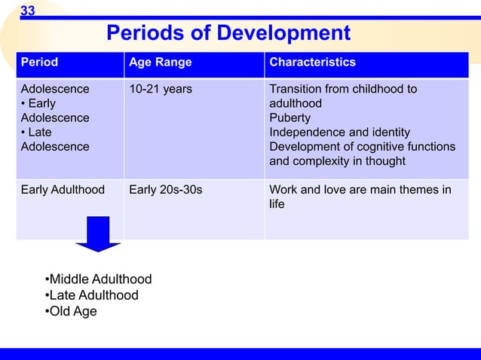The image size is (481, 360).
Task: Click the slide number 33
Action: [x=27, y=10]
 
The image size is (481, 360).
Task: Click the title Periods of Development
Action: [x=228, y=33]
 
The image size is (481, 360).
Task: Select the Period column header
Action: [x=38, y=63]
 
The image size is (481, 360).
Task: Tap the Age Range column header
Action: [x=161, y=63]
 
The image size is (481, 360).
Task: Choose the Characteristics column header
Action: [x=312, y=63]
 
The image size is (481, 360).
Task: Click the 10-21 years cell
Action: [x=161, y=90]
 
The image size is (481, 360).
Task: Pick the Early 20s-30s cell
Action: [x=166, y=190]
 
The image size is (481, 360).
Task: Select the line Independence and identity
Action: [x=339, y=133]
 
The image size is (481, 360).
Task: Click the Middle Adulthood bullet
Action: [x=100, y=279]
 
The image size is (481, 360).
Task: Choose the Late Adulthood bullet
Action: [x=93, y=295]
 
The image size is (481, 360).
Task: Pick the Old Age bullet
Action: [x=72, y=311]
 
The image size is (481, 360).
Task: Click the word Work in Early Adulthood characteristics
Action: [x=283, y=190]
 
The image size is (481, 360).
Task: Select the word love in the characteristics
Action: [x=335, y=190]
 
